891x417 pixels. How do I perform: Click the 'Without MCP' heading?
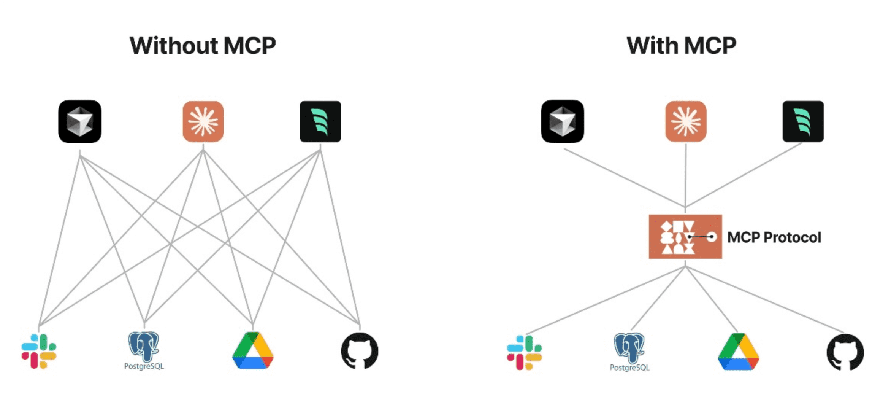pyautogui.click(x=203, y=46)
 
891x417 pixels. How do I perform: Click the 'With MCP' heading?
pyautogui.click(x=681, y=46)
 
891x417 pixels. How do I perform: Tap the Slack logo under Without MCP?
pyautogui.click(x=39, y=351)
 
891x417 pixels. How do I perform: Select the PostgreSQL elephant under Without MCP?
pyautogui.click(x=144, y=345)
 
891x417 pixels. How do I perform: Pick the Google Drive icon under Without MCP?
pyautogui.click(x=253, y=351)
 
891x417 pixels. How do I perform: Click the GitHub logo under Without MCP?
pyautogui.click(x=360, y=351)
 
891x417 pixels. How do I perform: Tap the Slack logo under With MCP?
pyautogui.click(x=524, y=352)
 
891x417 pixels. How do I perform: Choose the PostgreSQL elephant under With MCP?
pyautogui.click(x=629, y=347)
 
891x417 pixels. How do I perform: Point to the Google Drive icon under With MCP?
pyautogui.click(x=738, y=352)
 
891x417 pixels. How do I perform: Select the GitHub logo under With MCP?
pyautogui.click(x=845, y=352)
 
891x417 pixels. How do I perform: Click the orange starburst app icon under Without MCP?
pyautogui.click(x=203, y=121)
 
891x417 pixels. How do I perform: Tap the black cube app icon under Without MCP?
pyautogui.click(x=80, y=121)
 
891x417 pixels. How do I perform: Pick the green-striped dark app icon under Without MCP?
pyautogui.click(x=320, y=121)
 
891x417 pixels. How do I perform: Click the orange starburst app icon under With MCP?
pyautogui.click(x=686, y=121)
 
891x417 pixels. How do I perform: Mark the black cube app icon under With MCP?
pyautogui.click(x=562, y=121)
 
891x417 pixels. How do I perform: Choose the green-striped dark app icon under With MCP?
pyautogui.click(x=803, y=121)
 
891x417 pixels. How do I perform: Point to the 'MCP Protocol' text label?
pyautogui.click(x=774, y=237)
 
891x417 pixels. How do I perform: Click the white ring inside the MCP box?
pyautogui.click(x=712, y=237)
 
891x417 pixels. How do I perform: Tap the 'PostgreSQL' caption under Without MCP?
pyautogui.click(x=144, y=366)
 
